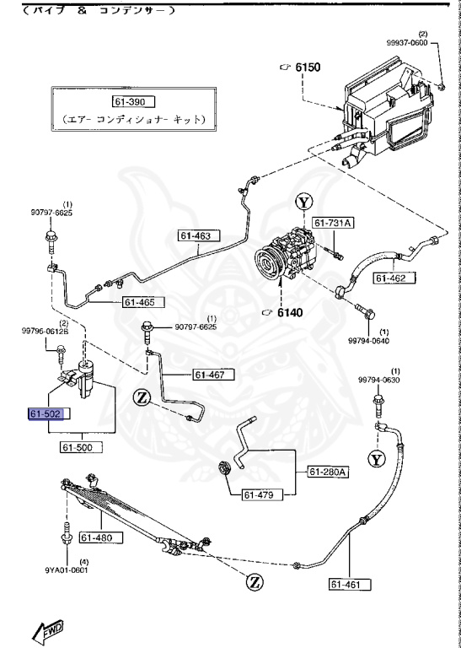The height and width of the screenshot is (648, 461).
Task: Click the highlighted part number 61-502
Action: [x=49, y=414]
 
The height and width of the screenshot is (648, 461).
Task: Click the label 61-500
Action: [x=80, y=447]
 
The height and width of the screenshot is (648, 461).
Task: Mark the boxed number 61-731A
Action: [x=335, y=223]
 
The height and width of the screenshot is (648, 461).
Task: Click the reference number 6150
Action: [x=308, y=65]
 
